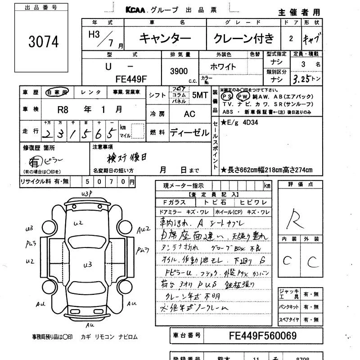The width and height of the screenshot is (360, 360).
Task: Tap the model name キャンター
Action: pos(165,39)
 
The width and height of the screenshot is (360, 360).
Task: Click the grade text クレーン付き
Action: pos(243,39)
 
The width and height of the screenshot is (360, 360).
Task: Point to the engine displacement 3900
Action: pos(179,71)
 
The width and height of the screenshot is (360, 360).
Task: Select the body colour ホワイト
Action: pos(223,67)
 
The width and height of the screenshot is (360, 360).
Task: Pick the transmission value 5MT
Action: pos(200,95)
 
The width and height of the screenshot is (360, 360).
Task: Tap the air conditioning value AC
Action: pos(189,114)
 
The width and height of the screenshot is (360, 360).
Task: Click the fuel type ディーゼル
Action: pos(189,133)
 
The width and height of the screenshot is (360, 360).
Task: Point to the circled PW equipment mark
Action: pos(243,96)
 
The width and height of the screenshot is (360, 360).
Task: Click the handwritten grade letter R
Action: pos(297,218)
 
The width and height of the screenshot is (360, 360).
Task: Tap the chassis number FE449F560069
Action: pos(263,336)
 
